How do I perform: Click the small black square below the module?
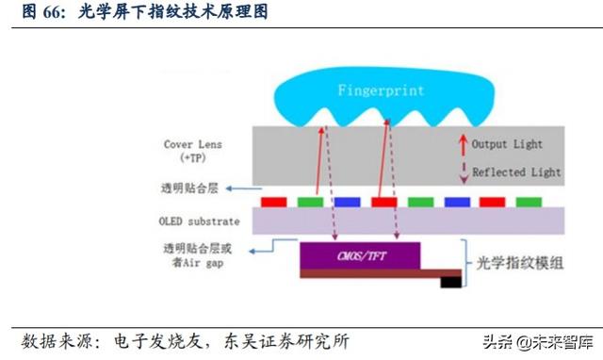(x=450, y=281)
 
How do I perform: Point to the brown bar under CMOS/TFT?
(x=377, y=273)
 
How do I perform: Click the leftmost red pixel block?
(x=273, y=201)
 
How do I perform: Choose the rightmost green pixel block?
(x=529, y=201)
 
